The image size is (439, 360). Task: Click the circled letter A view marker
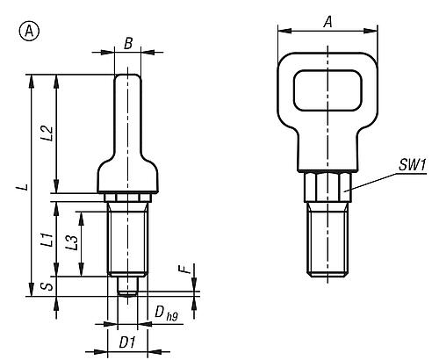[29, 32]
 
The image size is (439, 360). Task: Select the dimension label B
[128, 44]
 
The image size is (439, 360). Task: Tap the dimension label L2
[47, 133]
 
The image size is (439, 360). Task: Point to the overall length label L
[25, 187]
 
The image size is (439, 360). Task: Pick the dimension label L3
[72, 243]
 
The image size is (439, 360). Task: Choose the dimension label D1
[127, 342]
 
